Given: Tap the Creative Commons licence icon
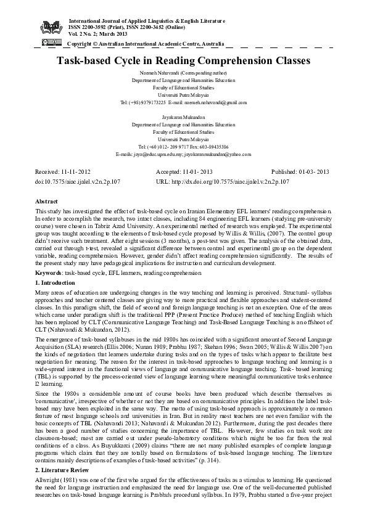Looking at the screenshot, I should pyautogui.click(x=51, y=43).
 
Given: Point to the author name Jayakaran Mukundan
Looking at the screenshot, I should pyautogui.click(x=183, y=116).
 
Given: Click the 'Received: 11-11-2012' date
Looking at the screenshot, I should pyautogui.click(x=63, y=172).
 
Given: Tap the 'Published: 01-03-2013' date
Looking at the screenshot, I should pyautogui.click(x=302, y=172).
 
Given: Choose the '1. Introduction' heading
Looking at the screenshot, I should pyautogui.click(x=55, y=282).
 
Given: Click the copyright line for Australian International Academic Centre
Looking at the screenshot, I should pyautogui.click(x=145, y=44).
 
